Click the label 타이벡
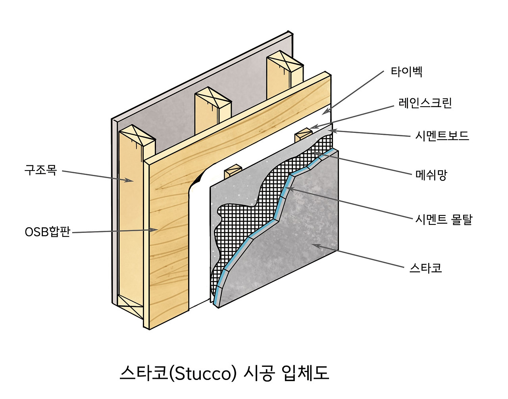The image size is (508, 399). pos(406,72)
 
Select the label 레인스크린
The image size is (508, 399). pos(425,103)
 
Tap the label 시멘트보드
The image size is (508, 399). pos(442,136)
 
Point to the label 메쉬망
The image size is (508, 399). pos(431,175)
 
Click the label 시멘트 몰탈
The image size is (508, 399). pos(444,219)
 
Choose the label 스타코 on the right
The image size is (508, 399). pos(425,268)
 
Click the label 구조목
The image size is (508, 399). pos(41,170)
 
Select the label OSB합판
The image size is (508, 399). pos(47,232)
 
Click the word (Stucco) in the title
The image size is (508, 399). pos(203,373)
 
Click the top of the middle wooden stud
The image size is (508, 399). pos(213,99)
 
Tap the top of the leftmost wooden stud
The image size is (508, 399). pos(137,136)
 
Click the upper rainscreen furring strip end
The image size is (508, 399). pos(304,133)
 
